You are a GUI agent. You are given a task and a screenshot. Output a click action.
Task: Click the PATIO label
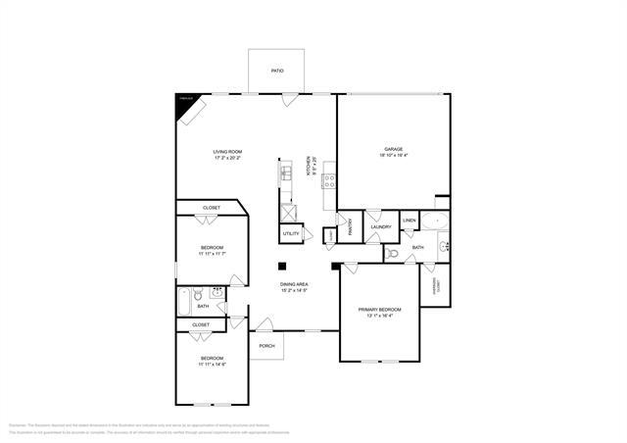pos(277,72)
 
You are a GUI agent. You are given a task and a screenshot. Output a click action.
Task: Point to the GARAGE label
pos(393,150)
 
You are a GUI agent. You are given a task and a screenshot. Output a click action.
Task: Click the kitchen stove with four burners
pos(329,180)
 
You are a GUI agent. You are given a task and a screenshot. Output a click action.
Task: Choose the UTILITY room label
pos(291,233)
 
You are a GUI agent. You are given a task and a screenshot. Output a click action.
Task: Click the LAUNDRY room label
pos(381,227)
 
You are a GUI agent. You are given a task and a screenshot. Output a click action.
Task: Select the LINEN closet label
pos(410,221)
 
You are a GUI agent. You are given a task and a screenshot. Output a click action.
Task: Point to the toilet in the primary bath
pos(393,252)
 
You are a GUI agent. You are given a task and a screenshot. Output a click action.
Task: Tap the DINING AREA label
pos(295,284)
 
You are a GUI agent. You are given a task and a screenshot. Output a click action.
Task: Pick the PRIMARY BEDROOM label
pos(379,310)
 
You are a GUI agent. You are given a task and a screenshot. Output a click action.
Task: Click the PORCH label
pos(265,346)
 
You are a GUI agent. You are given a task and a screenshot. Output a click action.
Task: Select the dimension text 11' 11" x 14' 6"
pos(212,364)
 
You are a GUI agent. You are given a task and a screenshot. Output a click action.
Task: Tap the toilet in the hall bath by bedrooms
pos(197,293)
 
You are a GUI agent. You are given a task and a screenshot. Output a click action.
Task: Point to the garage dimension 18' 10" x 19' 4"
pos(393,156)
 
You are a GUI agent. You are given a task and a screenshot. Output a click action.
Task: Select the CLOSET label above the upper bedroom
pos(212,208)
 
